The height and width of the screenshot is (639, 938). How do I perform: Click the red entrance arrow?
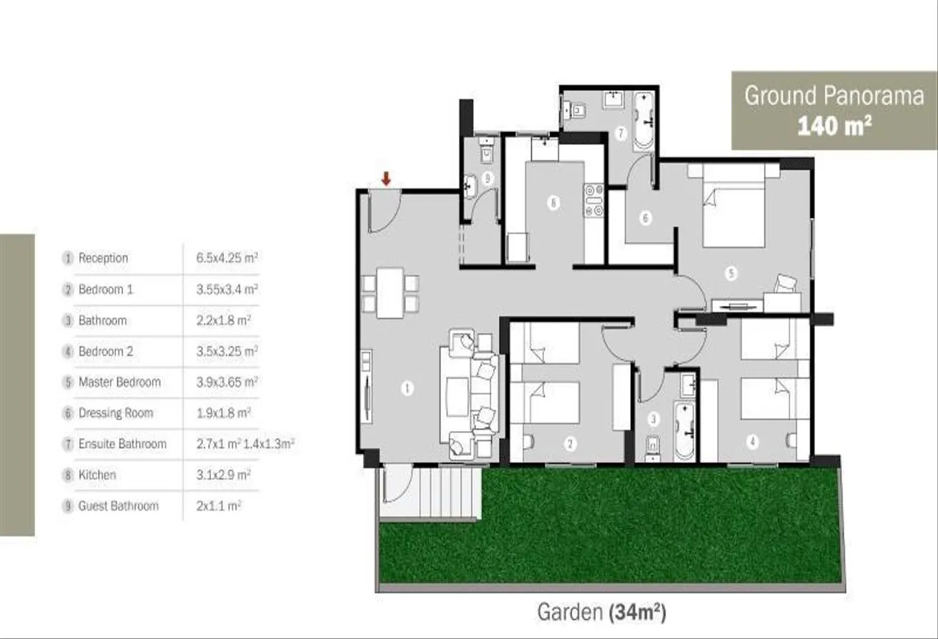pyautogui.click(x=386, y=179)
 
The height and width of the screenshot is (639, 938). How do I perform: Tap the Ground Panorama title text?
pyautogui.click(x=834, y=96)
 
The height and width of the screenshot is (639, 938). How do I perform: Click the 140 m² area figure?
pyautogui.click(x=834, y=126)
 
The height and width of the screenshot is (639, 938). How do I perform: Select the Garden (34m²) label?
pyautogui.click(x=601, y=613)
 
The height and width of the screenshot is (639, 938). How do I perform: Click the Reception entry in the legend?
pyautogui.click(x=103, y=258)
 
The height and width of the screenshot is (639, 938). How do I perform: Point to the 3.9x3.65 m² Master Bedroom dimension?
pyautogui.click(x=227, y=382)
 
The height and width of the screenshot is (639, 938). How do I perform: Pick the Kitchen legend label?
pyautogui.click(x=97, y=475)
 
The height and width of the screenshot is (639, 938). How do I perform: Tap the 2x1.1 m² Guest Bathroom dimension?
pyautogui.click(x=219, y=506)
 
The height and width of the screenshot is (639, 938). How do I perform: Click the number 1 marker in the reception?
pyautogui.click(x=407, y=388)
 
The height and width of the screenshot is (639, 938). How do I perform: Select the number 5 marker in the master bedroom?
pyautogui.click(x=731, y=274)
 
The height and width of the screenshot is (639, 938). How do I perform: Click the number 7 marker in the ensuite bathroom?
pyautogui.click(x=621, y=133)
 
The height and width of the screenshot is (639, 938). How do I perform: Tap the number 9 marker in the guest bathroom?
pyautogui.click(x=487, y=179)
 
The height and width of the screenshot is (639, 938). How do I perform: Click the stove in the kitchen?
pyautogui.click(x=594, y=201)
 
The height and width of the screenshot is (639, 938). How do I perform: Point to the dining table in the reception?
pyautogui.click(x=390, y=293)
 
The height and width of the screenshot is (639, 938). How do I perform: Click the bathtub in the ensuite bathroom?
pyautogui.click(x=642, y=122)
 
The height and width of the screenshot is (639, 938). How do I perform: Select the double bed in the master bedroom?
pyautogui.click(x=734, y=205)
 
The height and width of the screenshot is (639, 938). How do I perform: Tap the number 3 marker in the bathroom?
pyautogui.click(x=653, y=419)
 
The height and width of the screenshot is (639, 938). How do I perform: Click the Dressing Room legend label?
pyautogui.click(x=116, y=413)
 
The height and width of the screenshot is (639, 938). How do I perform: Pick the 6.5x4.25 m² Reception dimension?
pyautogui.click(x=227, y=258)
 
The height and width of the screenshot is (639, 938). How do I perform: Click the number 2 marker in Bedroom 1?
pyautogui.click(x=570, y=444)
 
